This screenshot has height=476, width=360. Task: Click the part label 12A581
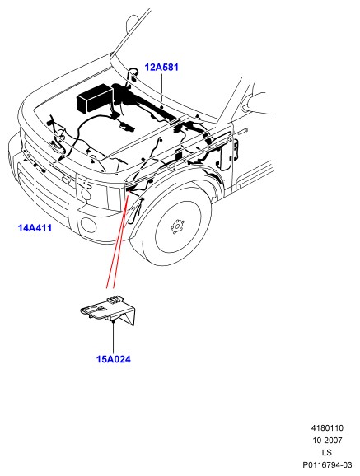point(161,67)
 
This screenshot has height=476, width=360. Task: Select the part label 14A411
point(35,227)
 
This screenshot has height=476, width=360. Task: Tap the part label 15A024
point(114,359)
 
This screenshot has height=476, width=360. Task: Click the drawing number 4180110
point(327,428)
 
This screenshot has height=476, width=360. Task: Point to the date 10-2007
point(327,441)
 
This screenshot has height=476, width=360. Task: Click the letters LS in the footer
point(327,452)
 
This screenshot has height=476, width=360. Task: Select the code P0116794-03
point(327,464)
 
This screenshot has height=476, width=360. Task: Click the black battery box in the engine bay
point(95,98)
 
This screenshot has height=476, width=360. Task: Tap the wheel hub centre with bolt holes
point(178,226)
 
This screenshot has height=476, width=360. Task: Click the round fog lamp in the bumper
point(88,225)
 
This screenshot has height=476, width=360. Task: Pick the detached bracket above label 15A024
point(109,310)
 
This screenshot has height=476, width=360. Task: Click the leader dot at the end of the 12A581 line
point(162,107)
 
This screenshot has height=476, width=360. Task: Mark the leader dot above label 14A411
point(35,165)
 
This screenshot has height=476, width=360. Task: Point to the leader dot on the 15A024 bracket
point(113,320)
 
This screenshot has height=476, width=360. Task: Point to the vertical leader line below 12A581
point(162,89)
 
